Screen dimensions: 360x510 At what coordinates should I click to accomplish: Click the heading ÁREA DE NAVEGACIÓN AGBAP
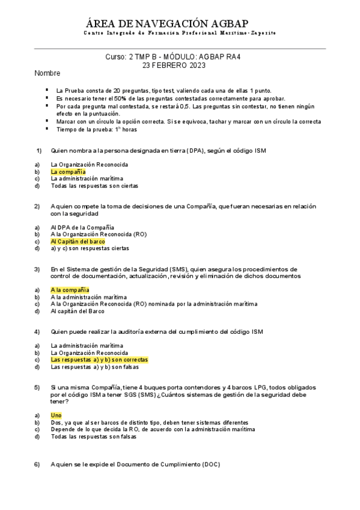[x=180, y=23]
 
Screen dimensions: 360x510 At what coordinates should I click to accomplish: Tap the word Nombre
[x=47, y=73]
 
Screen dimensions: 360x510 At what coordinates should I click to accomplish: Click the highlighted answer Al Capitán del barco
[x=78, y=241]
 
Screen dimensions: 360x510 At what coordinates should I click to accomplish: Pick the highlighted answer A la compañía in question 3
[x=70, y=290]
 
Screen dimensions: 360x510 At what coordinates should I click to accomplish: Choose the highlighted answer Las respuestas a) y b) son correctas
[x=99, y=360]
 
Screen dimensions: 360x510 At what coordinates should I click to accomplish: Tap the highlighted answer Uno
[x=56, y=416]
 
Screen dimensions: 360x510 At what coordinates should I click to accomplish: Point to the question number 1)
[x=38, y=150]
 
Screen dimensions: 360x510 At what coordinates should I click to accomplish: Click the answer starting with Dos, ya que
[x=149, y=423]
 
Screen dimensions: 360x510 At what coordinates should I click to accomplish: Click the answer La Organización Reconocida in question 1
[x=89, y=164]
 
